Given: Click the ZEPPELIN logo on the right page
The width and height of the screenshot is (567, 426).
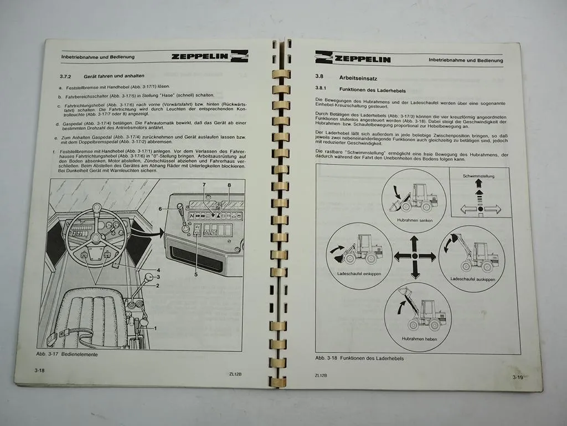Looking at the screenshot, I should (353, 57).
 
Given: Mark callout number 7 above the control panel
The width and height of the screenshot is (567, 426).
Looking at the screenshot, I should (204, 184).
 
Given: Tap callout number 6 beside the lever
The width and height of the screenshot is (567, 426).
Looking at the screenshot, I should (161, 209).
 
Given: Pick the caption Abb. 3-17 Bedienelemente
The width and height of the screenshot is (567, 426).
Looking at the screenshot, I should (67, 354).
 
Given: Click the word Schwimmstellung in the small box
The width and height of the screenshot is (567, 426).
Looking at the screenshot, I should (479, 176).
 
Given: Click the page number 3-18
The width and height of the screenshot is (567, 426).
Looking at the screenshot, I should (39, 369).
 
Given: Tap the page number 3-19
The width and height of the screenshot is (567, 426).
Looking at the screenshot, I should (517, 377).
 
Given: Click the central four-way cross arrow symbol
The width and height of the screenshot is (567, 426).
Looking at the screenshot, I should (415, 256).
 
